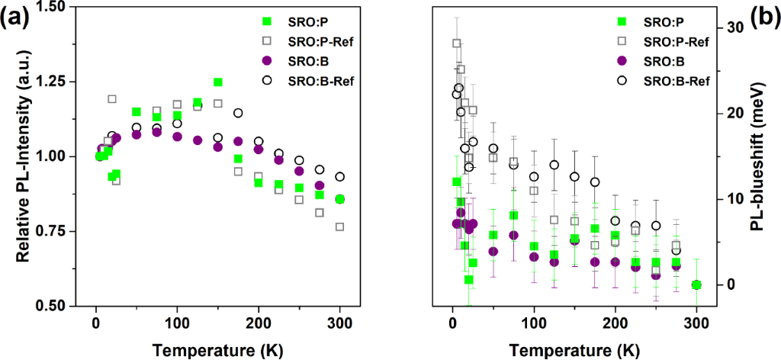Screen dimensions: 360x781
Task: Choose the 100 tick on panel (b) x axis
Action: point(534,320)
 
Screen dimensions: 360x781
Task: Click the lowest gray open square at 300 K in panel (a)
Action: point(339,227)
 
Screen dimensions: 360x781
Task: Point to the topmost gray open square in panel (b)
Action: point(457,43)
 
